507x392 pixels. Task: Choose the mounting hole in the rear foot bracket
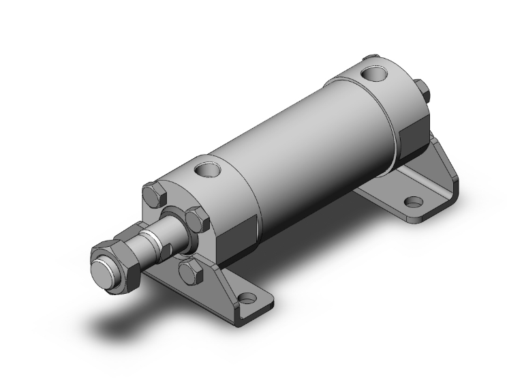(413, 202)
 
